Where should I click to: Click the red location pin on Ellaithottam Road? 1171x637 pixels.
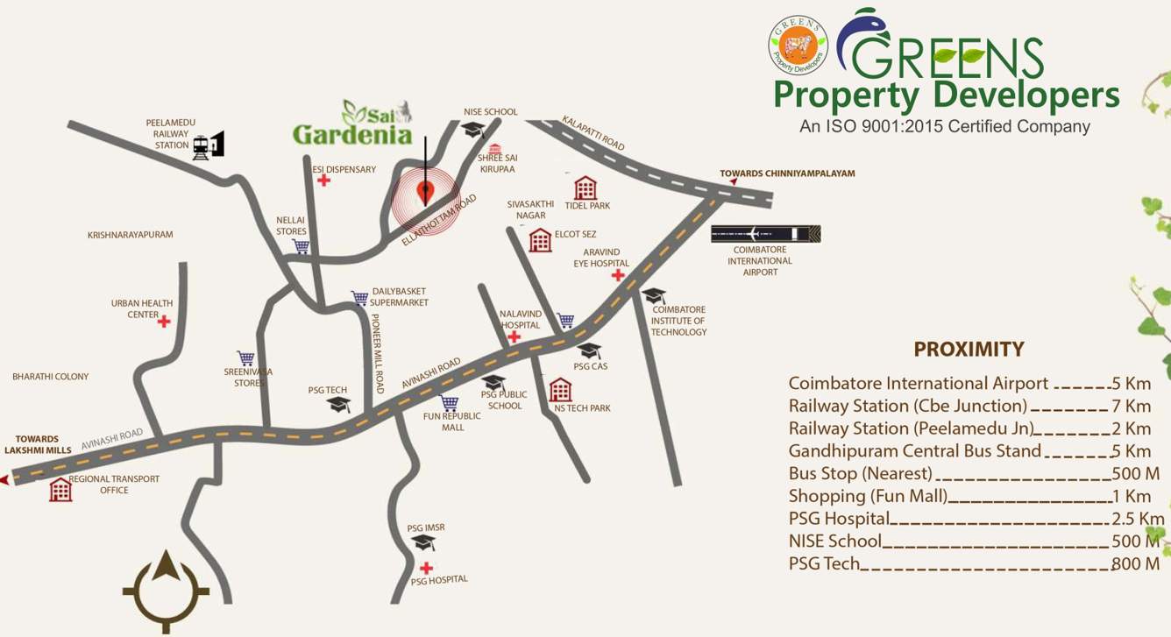[x=426, y=189]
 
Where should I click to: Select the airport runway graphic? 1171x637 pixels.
[x=765, y=234]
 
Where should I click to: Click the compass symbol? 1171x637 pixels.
[x=166, y=590]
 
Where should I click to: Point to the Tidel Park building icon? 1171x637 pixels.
[x=585, y=188]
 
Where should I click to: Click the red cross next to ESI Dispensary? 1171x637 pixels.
[x=323, y=180]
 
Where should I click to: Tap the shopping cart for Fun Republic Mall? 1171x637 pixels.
[x=450, y=403]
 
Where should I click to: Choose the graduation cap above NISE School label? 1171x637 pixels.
[x=473, y=130]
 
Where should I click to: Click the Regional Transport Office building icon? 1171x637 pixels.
[x=60, y=489]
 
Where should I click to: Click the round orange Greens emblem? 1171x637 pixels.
[x=798, y=45]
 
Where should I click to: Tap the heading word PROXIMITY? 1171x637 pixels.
[x=969, y=350]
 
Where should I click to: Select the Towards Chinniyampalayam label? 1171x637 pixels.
[x=786, y=173]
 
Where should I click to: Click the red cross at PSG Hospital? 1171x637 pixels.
[x=426, y=568]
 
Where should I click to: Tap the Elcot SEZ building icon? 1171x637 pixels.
[x=540, y=240]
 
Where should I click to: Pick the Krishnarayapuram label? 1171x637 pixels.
[x=131, y=235]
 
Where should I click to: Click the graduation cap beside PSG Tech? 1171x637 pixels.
[x=338, y=404]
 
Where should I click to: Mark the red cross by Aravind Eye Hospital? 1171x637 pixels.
[x=618, y=275]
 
